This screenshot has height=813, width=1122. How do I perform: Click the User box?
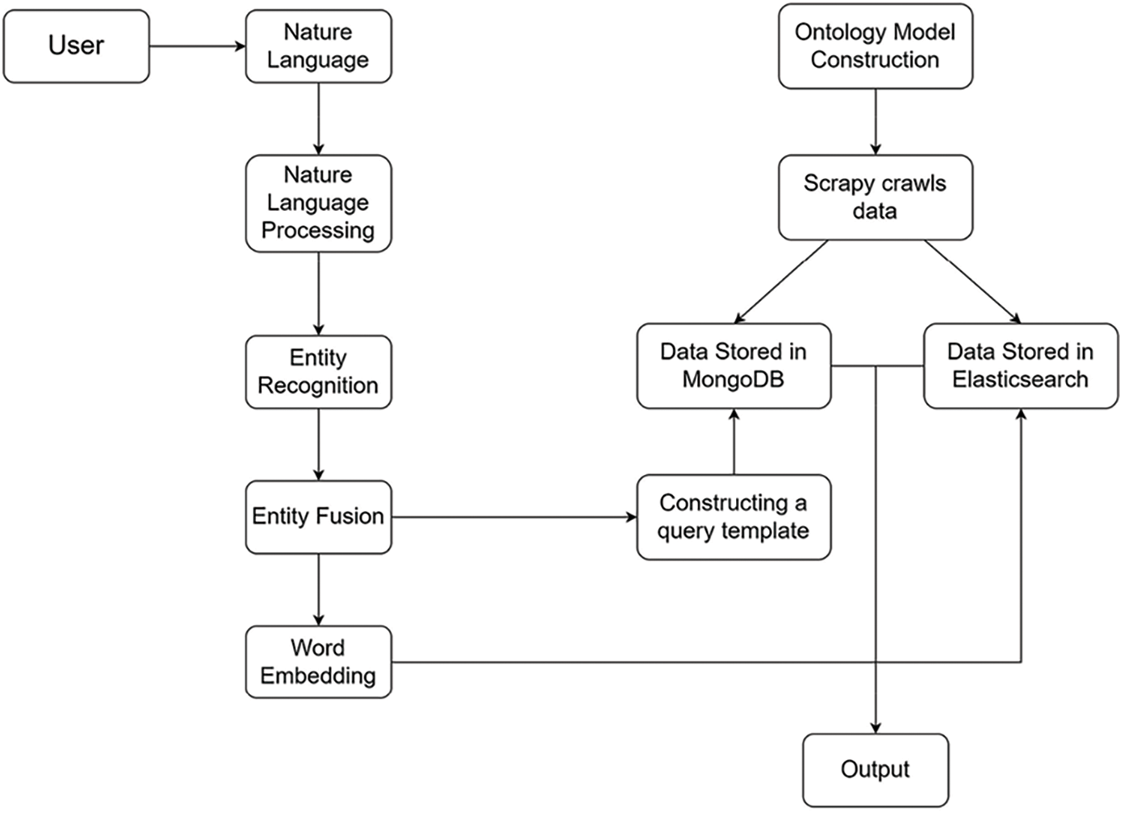[76, 46]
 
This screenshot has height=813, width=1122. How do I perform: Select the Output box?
[875, 770]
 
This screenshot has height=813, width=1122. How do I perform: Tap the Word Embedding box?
[318, 662]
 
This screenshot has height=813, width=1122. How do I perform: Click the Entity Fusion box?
[318, 517]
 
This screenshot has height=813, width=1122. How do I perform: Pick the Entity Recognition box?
[318, 372]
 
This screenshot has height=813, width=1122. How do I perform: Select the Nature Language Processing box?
[318, 203]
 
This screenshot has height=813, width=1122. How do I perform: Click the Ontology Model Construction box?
[875, 46]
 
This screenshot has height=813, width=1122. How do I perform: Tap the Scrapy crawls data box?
[875, 197]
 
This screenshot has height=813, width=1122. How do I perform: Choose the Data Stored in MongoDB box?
[734, 366]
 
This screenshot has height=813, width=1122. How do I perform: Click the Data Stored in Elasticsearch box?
[1020, 366]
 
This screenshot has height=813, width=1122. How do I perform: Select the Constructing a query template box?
[734, 517]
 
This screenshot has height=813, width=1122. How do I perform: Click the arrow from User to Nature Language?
[197, 46]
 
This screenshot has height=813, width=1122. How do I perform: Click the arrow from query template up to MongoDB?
[734, 442]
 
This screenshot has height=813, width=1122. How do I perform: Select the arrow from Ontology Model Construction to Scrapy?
[875, 122]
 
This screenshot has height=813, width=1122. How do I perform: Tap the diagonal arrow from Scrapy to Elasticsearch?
[972, 282]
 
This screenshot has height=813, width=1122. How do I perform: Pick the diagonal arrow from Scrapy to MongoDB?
[782, 282]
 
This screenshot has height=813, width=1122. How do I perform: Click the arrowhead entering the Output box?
[875, 728]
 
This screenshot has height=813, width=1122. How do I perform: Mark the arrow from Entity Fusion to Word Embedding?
[319, 589]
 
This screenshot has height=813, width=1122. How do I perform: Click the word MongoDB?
[733, 379]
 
